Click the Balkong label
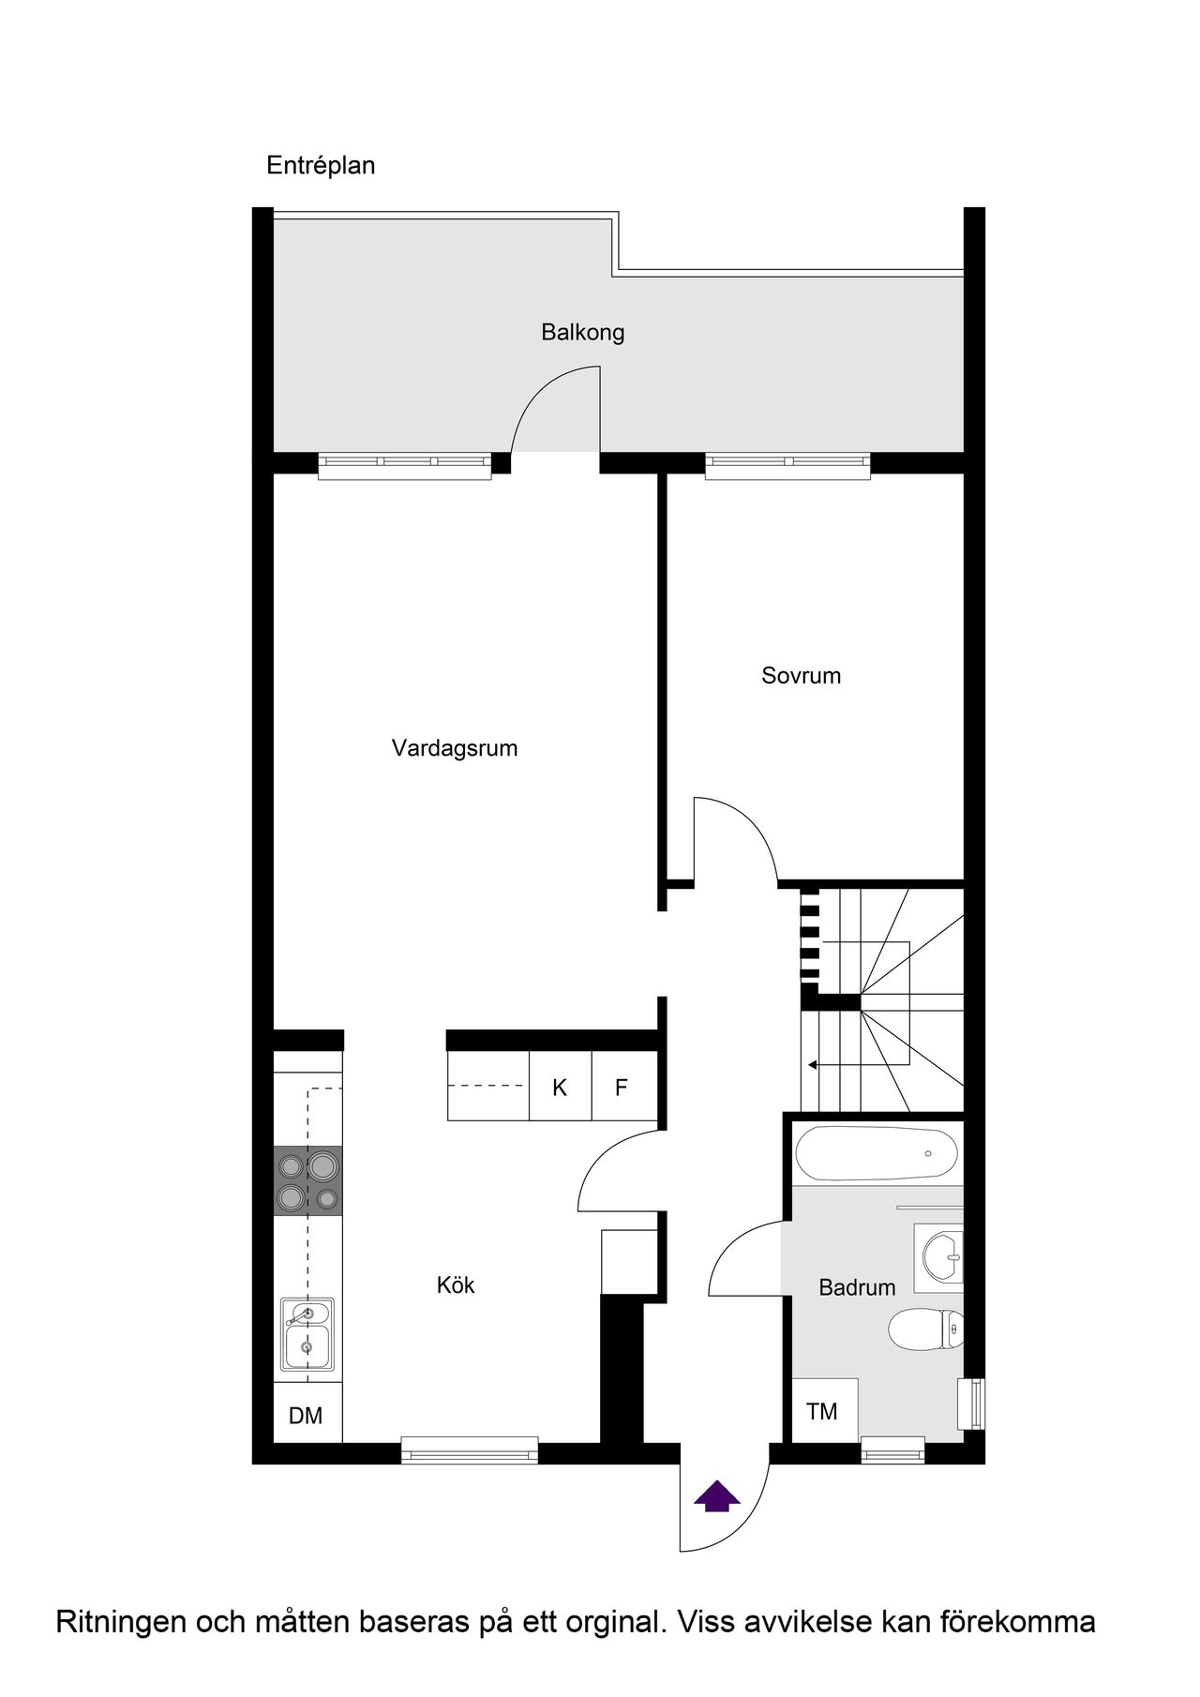582,333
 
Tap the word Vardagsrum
455,749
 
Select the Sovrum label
801,676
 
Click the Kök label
456,1284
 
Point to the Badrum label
857,1288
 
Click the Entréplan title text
321,166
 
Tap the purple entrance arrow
716,1494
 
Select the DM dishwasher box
307,1412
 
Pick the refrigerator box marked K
561,1086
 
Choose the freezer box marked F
623,1086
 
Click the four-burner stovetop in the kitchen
307,1181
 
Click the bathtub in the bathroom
877,1152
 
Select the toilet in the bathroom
925,1329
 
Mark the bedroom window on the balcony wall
787,466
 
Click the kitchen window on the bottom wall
470,1450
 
